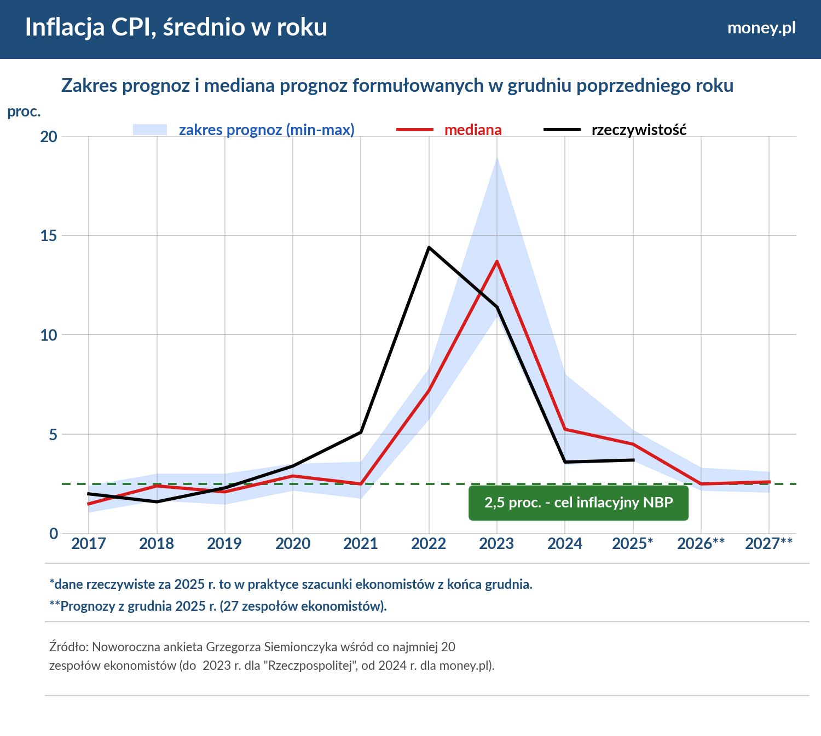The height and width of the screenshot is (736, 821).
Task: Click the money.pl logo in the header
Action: coord(761,28)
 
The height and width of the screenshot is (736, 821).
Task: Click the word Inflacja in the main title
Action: coord(65,27)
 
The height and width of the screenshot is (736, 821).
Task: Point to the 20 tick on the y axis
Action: coord(49,137)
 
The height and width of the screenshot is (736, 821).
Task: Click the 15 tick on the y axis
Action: coord(49,236)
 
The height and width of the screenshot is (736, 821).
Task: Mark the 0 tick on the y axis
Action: coord(53,534)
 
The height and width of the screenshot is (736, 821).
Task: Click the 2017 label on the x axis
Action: coord(89,544)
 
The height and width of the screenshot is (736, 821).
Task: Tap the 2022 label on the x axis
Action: coord(429,544)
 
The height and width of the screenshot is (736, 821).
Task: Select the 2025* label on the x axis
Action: coord(633,544)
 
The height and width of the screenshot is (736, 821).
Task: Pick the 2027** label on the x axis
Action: coord(768,544)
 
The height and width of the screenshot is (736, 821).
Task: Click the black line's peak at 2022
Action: coord(429,248)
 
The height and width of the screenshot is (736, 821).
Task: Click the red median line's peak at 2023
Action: coord(497,261)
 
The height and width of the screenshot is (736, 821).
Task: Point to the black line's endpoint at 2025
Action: coord(633,460)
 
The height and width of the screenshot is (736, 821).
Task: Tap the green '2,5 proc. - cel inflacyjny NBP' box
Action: coord(578,503)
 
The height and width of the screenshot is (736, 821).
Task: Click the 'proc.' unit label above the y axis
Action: coord(24,112)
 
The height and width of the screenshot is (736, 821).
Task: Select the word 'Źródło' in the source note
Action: coord(68,647)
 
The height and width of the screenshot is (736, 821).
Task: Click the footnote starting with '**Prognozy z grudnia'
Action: coord(218,606)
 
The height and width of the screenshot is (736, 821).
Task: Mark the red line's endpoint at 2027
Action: coord(769,482)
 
